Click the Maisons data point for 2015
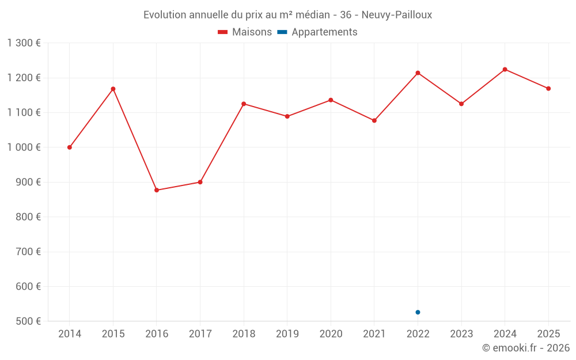113,89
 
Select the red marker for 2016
157,190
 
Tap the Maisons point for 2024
505,69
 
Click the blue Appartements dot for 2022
418,312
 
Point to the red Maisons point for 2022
418,73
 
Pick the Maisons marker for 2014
70,147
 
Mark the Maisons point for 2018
244,104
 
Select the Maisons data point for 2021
374,120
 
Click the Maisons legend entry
245,32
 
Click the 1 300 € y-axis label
24,43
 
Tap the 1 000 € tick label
24,147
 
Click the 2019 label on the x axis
287,334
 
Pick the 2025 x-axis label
548,334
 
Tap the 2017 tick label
200,334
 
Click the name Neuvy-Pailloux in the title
397,15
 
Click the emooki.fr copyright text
526,348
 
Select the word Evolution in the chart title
165,15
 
